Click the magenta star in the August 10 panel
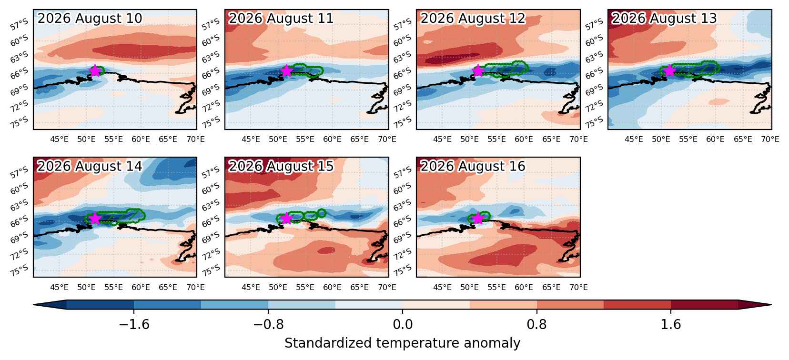(95, 71)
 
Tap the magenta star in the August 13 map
(669, 71)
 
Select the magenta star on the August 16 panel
(478, 219)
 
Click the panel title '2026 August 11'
(281, 18)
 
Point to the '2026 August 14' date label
(90, 166)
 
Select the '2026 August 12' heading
(473, 18)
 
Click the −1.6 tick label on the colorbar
(134, 324)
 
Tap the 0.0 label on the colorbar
(403, 324)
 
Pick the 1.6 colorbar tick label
(671, 324)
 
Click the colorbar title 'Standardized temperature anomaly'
(402, 343)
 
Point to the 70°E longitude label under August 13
(770, 140)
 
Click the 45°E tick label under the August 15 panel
(251, 288)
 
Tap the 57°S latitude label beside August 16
(403, 172)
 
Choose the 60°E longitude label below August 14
(141, 288)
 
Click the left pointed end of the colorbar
(34, 305)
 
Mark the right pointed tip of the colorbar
(771, 305)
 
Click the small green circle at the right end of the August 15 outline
(321, 213)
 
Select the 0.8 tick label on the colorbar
(536, 324)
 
